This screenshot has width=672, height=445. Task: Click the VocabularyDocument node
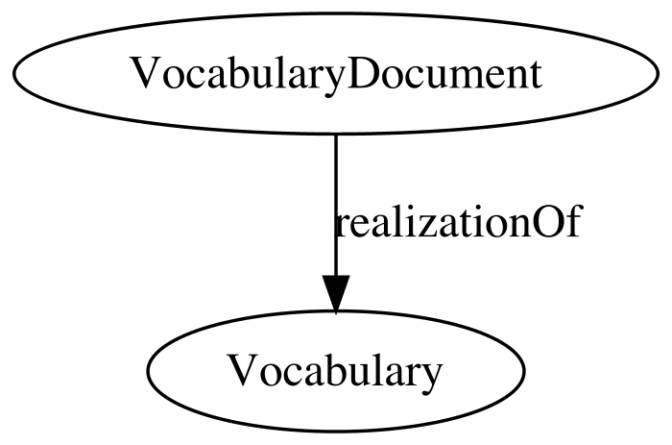[336, 73]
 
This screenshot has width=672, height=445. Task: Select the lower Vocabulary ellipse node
[336, 370]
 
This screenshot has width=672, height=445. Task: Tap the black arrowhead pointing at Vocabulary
[336, 293]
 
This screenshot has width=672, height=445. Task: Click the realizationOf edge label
[458, 221]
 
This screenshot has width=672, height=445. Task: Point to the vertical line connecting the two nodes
[336, 205]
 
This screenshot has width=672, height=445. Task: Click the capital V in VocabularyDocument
[147, 74]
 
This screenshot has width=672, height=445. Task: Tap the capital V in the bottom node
[244, 370]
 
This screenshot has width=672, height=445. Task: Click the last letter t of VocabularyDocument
[535, 76]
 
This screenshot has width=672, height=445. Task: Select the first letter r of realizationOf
[343, 226]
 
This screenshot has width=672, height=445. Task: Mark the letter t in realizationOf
[464, 224]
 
